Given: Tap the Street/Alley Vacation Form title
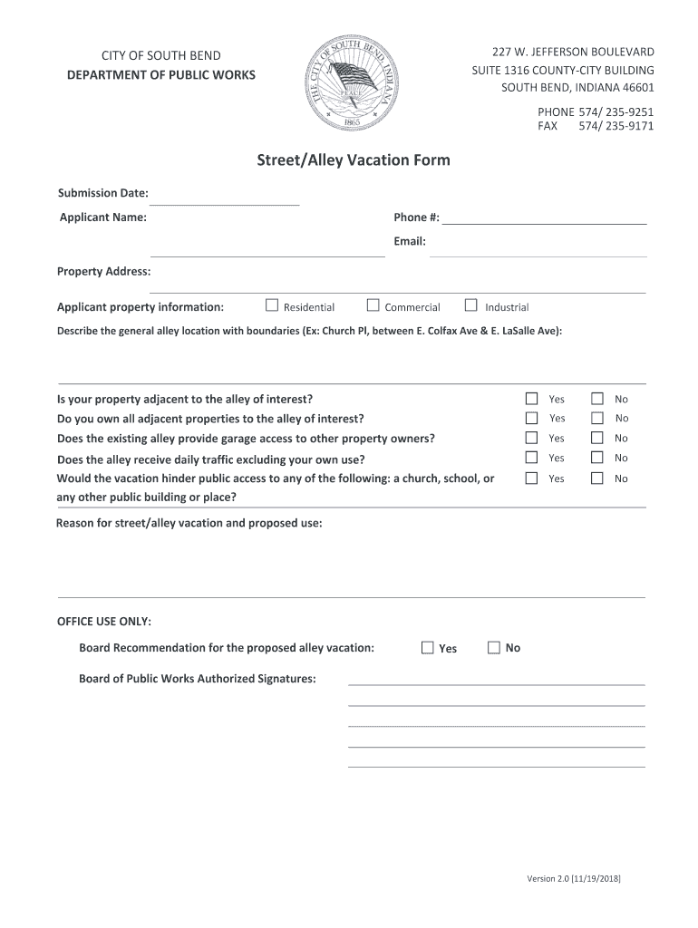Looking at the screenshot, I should click(353, 160).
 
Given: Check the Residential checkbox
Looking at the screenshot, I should click(271, 305).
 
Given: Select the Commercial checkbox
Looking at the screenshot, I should click(373, 305).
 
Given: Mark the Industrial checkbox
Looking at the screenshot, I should click(470, 305).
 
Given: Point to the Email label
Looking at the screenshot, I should click(409, 242).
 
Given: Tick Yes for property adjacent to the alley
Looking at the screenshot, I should click(532, 398).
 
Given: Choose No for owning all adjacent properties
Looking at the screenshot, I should click(598, 418).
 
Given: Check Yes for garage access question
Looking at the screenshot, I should click(532, 438).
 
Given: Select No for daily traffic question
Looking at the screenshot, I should click(598, 458).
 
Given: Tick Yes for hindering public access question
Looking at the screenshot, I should click(532, 478).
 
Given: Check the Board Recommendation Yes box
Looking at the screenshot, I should click(428, 647).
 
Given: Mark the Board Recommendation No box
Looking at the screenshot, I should click(494, 647).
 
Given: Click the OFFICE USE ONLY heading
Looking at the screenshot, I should click(104, 622).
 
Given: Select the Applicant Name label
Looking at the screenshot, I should click(103, 217).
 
